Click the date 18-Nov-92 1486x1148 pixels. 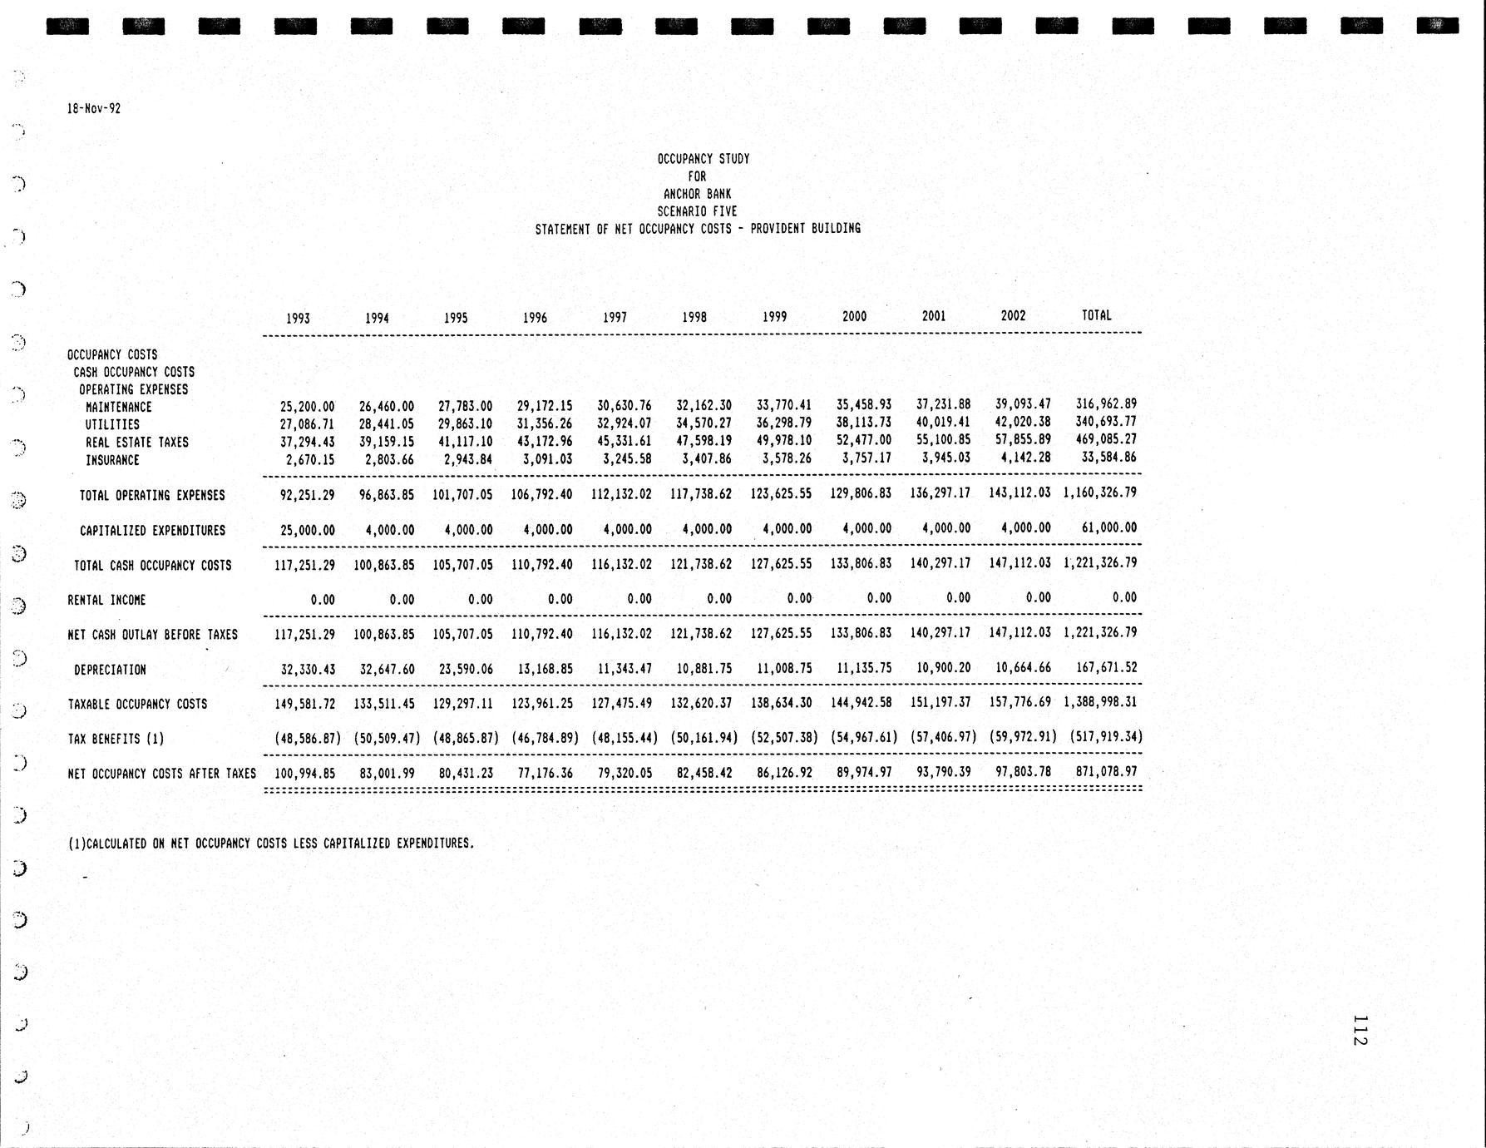(x=94, y=108)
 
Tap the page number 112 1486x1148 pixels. (x=1360, y=1030)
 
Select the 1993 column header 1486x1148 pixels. (x=298, y=318)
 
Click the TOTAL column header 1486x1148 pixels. (x=1096, y=315)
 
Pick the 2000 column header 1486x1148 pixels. (x=854, y=316)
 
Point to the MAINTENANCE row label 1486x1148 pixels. (x=118, y=407)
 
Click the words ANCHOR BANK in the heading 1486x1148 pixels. (x=697, y=194)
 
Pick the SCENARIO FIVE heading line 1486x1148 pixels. (x=697, y=211)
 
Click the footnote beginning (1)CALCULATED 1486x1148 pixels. (x=271, y=844)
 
